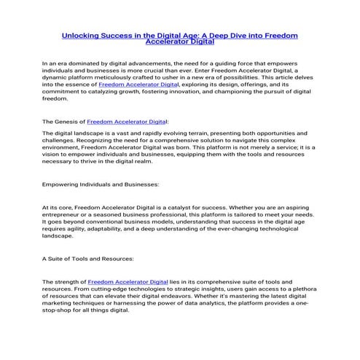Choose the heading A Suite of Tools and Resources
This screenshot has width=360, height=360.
[88, 259]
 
